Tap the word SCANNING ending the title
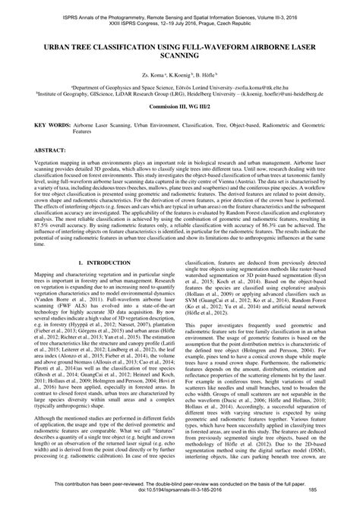181,55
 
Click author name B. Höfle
207,77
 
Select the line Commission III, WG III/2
180,109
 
